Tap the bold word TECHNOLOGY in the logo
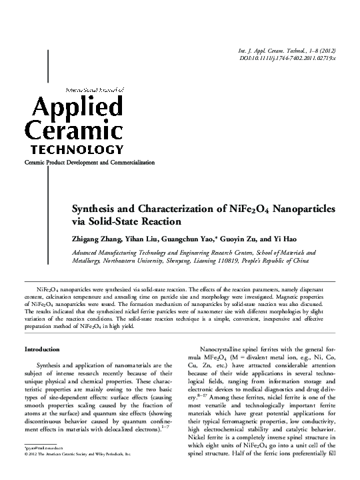coord(74,149)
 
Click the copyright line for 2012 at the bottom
coord(77,453)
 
